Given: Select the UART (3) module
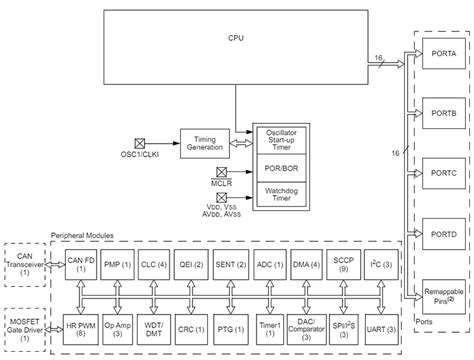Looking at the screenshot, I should tap(382, 326).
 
